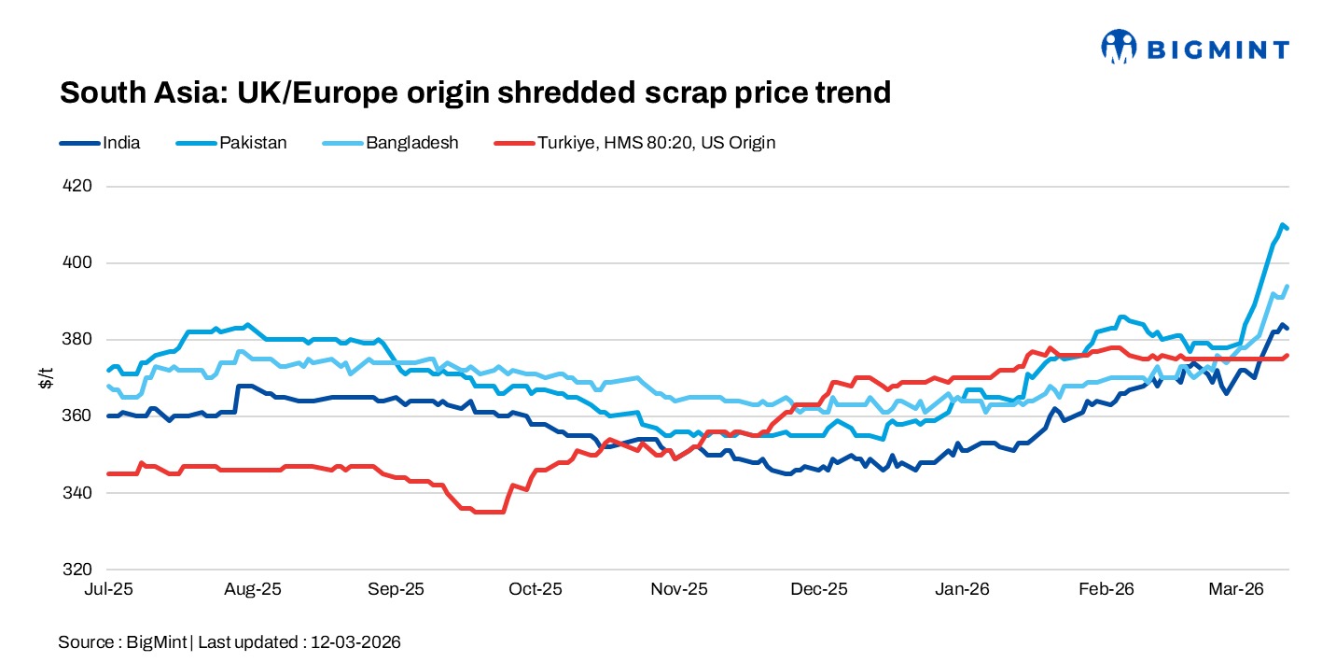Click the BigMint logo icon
(1120, 47)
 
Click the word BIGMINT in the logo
(1218, 49)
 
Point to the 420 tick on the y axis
(78, 187)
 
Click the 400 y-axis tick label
(78, 263)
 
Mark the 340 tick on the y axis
(78, 493)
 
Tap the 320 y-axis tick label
(78, 570)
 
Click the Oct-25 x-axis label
(536, 590)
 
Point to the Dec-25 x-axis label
(819, 590)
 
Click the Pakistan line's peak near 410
(1283, 225)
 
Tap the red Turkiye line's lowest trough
(490, 512)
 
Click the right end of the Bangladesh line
(1287, 287)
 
